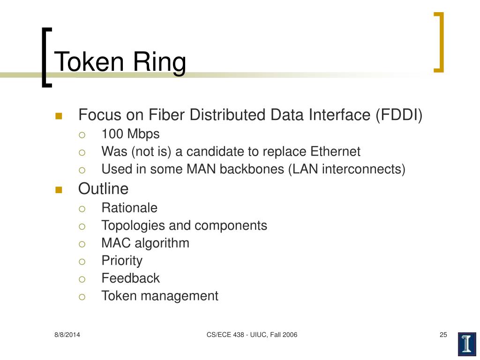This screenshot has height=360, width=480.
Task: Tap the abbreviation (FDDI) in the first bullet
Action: tap(399, 115)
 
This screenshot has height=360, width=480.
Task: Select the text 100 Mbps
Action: tap(130, 134)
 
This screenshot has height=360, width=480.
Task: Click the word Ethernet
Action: tap(335, 151)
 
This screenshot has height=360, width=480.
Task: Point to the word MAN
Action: tap(189, 169)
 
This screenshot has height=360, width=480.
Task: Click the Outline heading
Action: tap(103, 188)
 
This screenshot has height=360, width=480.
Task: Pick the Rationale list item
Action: tap(129, 208)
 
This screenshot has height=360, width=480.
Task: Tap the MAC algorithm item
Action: tap(145, 243)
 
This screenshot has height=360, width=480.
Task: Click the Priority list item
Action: tap(122, 261)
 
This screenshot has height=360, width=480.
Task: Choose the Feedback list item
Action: tap(130, 278)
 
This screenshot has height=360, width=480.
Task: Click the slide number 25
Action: tap(443, 335)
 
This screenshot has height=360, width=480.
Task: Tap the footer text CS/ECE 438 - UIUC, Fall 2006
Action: tap(252, 335)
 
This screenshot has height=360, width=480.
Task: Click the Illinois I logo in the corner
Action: tap(467, 344)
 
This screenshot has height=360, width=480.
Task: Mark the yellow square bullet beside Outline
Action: tap(59, 189)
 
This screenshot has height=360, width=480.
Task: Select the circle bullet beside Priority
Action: tap(82, 262)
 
